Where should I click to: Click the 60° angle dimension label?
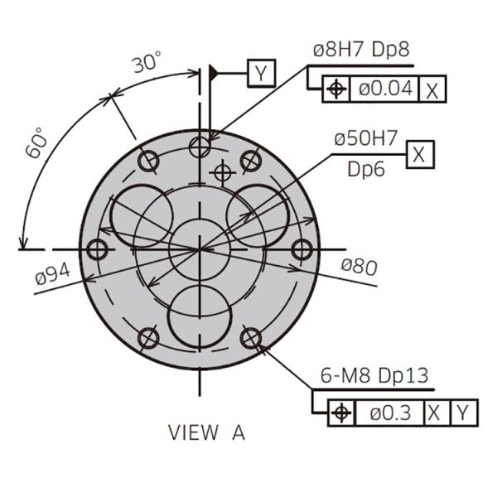(36, 142)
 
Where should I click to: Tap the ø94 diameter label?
(53, 274)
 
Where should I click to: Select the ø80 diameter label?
(359, 267)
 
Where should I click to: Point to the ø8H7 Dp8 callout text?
(361, 50)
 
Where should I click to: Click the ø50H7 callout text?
(365, 138)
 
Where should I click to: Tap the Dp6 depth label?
(366, 169)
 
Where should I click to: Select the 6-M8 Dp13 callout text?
(374, 375)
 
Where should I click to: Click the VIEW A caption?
(206, 432)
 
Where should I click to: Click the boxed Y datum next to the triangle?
(261, 73)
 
